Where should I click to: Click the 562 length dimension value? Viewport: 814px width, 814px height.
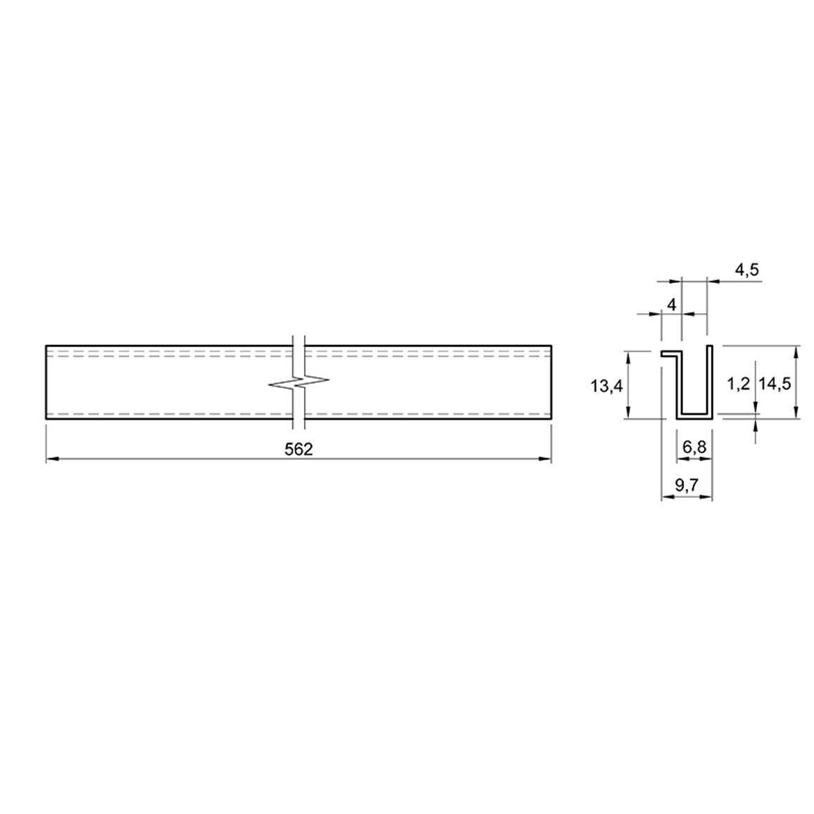299,449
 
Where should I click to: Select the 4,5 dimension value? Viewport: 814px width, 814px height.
746,270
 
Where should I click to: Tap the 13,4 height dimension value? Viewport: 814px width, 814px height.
607,386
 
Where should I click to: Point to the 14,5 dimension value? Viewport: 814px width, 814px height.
775,384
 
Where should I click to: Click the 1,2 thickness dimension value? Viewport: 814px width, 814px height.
738,384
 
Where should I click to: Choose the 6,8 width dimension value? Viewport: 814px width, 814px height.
694,447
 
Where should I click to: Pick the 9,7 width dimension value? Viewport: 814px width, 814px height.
687,485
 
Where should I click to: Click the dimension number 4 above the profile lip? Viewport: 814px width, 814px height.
671,305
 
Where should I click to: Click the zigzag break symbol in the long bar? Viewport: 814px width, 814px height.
299,384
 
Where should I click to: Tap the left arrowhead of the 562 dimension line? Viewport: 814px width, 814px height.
52,459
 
